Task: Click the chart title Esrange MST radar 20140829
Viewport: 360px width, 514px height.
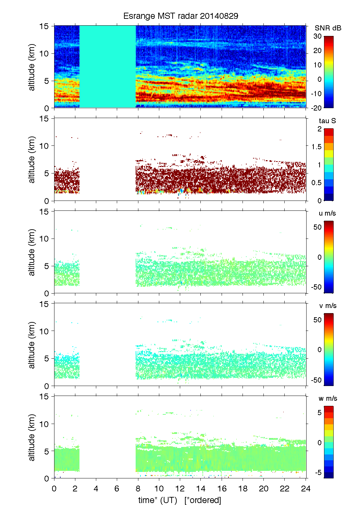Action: click(x=181, y=16)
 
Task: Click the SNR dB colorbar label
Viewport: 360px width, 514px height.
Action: click(x=328, y=28)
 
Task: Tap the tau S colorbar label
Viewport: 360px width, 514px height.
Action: click(x=327, y=121)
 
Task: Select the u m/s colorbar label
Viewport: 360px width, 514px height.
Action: click(x=327, y=213)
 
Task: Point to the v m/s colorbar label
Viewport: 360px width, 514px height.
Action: click(x=327, y=306)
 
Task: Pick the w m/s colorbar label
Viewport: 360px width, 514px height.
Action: click(x=327, y=398)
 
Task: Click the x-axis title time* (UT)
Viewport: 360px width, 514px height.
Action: click(x=158, y=500)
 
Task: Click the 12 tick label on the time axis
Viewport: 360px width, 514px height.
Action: click(x=180, y=488)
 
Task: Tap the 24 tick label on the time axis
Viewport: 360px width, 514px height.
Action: click(x=306, y=488)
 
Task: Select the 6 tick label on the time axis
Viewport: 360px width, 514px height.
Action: click(x=117, y=488)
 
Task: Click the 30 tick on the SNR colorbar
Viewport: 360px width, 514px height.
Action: click(x=318, y=36)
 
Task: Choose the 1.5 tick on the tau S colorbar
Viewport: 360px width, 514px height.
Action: click(x=316, y=147)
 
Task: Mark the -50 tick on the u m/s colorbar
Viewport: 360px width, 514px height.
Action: click(x=316, y=287)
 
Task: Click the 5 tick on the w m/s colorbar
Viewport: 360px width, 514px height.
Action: click(x=319, y=413)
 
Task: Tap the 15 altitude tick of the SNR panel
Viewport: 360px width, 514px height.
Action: click(x=45, y=26)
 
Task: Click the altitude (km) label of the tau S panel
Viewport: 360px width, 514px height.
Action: click(x=32, y=160)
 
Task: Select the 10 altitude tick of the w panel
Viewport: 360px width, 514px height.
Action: click(x=45, y=424)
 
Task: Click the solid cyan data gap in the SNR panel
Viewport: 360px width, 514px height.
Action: click(x=108, y=67)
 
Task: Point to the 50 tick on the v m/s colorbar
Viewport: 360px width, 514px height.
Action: click(x=318, y=320)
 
